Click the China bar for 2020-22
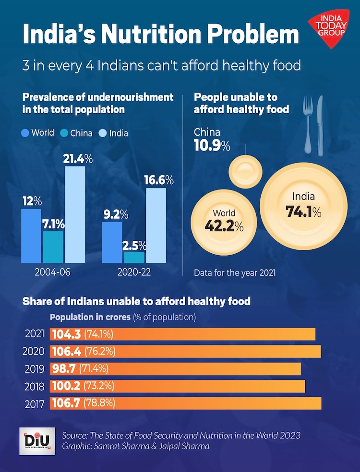point(134,257)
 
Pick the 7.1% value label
point(53,224)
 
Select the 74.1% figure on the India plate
point(303,212)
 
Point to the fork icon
point(307,125)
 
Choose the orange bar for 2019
point(175,369)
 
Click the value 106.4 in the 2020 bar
point(67,352)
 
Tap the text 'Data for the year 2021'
point(235,273)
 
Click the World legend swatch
point(25,133)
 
